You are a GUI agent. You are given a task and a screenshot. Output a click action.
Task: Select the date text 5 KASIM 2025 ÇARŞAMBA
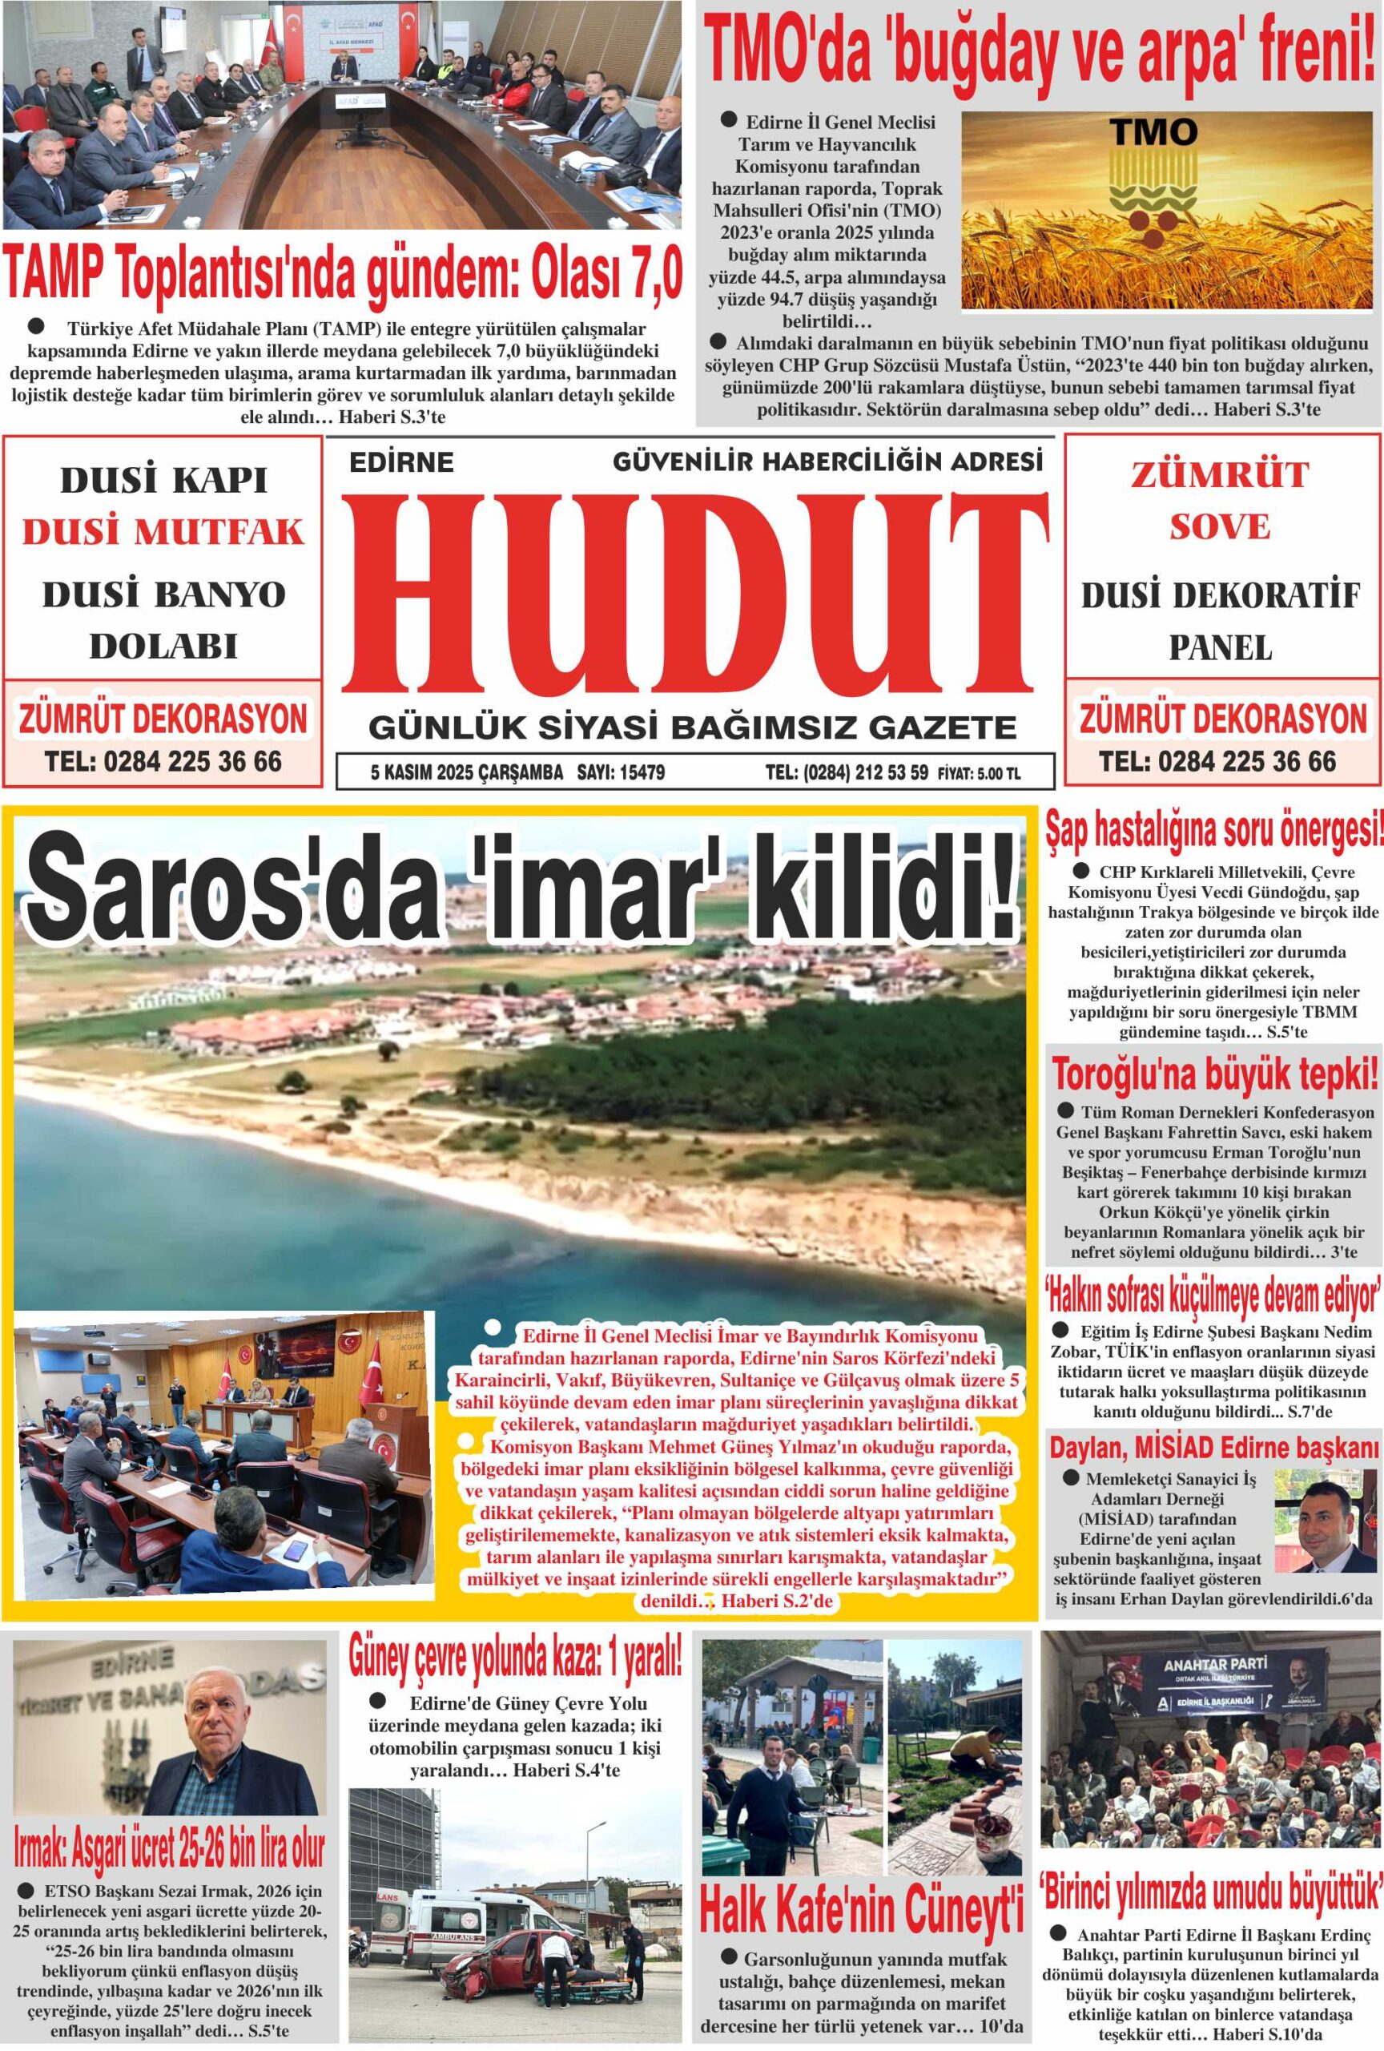(x=467, y=773)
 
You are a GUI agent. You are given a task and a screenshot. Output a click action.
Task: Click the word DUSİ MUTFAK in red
(x=163, y=532)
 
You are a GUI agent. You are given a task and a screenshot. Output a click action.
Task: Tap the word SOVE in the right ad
(x=1220, y=527)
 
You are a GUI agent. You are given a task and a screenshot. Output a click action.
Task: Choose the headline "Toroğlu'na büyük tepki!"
(x=1215, y=1076)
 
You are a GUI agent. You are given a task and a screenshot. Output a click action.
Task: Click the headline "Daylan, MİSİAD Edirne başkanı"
(x=1213, y=1446)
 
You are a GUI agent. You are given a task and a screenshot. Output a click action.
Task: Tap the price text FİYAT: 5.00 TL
(x=979, y=774)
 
